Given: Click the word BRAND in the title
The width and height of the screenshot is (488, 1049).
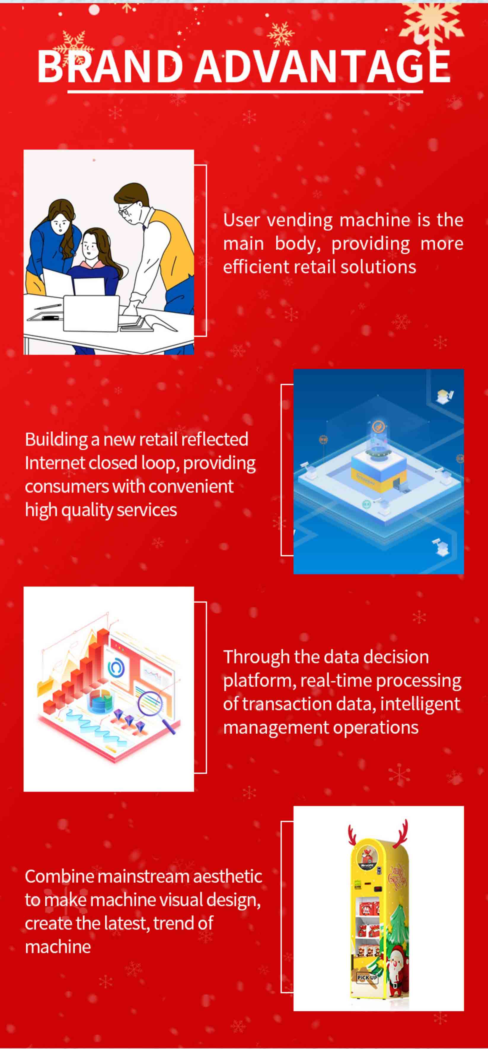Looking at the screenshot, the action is point(110,66).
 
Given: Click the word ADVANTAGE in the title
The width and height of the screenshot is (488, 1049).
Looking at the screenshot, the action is point(322,66).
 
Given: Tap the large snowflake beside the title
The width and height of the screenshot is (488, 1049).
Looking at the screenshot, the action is point(431,23).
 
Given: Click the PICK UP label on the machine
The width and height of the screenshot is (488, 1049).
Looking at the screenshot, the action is point(367,977).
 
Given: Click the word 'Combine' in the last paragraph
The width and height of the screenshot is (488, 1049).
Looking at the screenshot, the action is point(59,876).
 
